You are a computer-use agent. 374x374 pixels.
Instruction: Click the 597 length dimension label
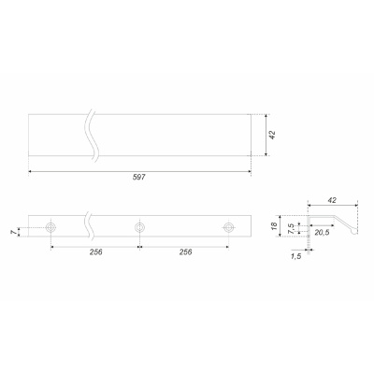coord(139,178)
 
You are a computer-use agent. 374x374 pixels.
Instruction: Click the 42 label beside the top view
coord(272,135)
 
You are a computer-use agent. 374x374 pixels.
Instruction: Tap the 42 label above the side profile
coord(332,200)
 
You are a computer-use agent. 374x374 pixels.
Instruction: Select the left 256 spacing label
coord(96,252)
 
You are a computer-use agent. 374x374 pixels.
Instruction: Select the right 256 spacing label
coord(185,252)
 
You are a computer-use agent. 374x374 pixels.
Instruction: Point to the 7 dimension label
coord(13,232)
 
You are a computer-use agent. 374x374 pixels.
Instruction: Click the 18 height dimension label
coord(274,226)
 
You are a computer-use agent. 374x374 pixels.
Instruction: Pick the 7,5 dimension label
coord(291,228)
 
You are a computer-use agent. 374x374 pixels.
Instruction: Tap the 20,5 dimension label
coord(322,232)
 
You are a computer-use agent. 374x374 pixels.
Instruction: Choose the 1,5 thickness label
coord(295,256)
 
